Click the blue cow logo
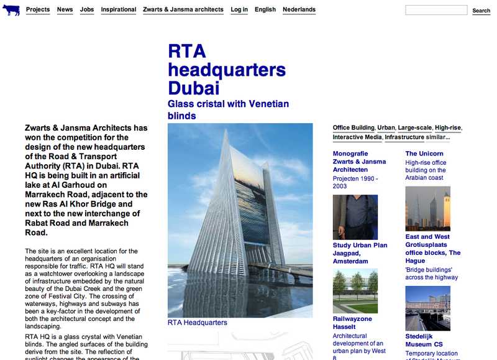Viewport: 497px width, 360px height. (x=11, y=10)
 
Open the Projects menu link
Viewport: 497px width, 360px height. (x=38, y=10)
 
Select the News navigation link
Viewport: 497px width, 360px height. (x=65, y=10)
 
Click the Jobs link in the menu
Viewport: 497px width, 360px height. (x=87, y=10)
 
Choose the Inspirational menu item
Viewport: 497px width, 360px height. (x=119, y=10)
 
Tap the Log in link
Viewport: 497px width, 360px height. (x=239, y=10)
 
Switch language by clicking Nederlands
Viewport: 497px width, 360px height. (x=299, y=10)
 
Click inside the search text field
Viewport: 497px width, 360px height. (x=436, y=10)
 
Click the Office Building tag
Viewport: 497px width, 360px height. (x=353, y=128)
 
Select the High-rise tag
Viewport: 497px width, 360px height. (x=448, y=128)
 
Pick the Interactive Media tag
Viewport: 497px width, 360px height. (x=357, y=137)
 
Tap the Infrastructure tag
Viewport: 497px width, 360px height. (x=404, y=137)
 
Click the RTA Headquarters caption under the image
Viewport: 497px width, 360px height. (x=198, y=323)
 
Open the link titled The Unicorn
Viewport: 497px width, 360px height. (x=424, y=154)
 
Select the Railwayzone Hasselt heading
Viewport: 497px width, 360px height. (x=353, y=323)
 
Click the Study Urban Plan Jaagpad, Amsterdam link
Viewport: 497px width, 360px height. (x=360, y=253)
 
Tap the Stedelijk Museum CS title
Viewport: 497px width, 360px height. (x=424, y=340)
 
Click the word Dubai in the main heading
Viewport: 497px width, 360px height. (x=194, y=87)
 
